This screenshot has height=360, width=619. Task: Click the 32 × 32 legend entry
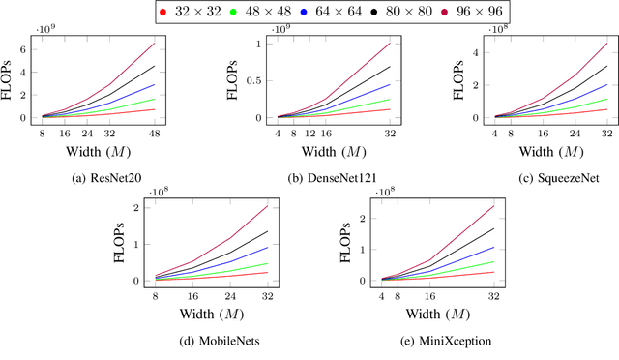click(196, 12)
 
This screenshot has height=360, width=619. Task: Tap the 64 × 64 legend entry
click(337, 12)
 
